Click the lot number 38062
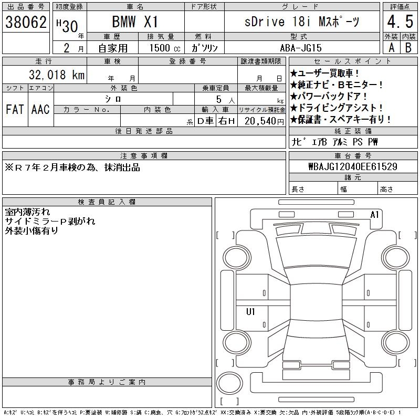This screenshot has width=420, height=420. (26, 22)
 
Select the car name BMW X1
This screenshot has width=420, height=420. (135, 22)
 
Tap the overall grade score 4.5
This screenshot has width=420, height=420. (400, 22)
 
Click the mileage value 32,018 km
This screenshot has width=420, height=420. (57, 75)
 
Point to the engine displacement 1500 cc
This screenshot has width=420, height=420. (165, 48)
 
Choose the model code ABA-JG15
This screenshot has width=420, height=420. (300, 48)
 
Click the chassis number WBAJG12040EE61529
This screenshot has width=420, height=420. (353, 166)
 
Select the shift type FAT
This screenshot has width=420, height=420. (15, 109)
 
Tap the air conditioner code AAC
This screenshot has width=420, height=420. (40, 109)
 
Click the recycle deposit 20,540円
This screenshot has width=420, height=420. (264, 121)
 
